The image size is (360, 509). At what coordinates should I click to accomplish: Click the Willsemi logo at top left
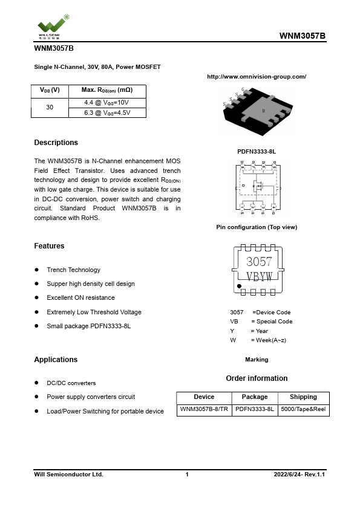click(x=52, y=24)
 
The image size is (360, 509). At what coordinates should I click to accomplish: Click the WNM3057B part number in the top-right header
click(x=303, y=36)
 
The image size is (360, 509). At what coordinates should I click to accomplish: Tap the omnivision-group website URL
click(x=257, y=77)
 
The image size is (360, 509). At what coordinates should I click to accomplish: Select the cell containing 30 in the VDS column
click(x=50, y=107)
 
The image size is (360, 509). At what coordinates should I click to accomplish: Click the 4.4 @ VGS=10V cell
click(x=106, y=102)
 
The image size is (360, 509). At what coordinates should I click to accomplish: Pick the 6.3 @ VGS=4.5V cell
click(x=107, y=112)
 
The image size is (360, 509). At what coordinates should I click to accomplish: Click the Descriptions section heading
click(x=56, y=143)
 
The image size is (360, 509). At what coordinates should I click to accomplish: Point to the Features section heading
click(x=49, y=246)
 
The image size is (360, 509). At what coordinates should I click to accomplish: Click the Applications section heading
click(x=56, y=360)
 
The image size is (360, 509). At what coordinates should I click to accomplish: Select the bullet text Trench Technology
click(x=73, y=270)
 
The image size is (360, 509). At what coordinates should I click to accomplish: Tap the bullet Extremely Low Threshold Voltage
click(x=94, y=312)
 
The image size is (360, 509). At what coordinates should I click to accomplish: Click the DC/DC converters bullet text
click(x=71, y=383)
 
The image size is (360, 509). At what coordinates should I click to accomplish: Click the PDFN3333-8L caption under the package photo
click(x=257, y=151)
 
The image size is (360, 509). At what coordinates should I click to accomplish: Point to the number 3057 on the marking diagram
click(x=259, y=262)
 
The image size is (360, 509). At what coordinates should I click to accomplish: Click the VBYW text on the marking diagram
click(x=259, y=276)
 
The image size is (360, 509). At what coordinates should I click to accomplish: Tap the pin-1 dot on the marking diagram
click(x=240, y=286)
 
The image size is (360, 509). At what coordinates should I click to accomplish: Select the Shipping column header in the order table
click(x=303, y=397)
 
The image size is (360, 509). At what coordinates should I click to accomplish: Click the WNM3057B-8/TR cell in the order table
click(x=204, y=409)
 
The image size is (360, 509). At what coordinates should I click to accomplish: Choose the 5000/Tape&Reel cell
click(x=303, y=409)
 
